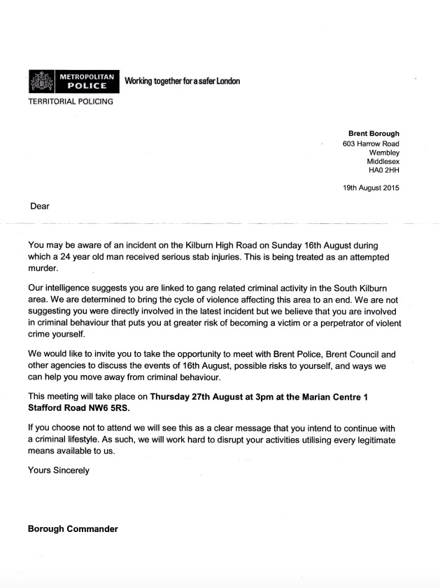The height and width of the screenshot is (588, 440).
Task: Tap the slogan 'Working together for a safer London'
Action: [x=182, y=81]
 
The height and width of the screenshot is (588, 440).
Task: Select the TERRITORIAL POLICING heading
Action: [x=70, y=101]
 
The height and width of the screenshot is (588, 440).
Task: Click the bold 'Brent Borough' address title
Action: [x=374, y=133]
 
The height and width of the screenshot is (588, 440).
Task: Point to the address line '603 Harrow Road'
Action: [x=371, y=143]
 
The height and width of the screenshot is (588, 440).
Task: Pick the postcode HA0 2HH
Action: [x=383, y=169]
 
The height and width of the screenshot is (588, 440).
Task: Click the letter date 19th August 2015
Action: [x=371, y=188]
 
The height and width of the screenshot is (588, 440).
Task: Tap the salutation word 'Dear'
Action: [x=40, y=206]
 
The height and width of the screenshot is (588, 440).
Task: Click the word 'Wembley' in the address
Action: [x=384, y=152]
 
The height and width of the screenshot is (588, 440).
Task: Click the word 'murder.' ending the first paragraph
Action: [x=44, y=269]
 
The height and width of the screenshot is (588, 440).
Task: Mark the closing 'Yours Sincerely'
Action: [x=59, y=470]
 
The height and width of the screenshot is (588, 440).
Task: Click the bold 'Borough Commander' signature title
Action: [x=73, y=528]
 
